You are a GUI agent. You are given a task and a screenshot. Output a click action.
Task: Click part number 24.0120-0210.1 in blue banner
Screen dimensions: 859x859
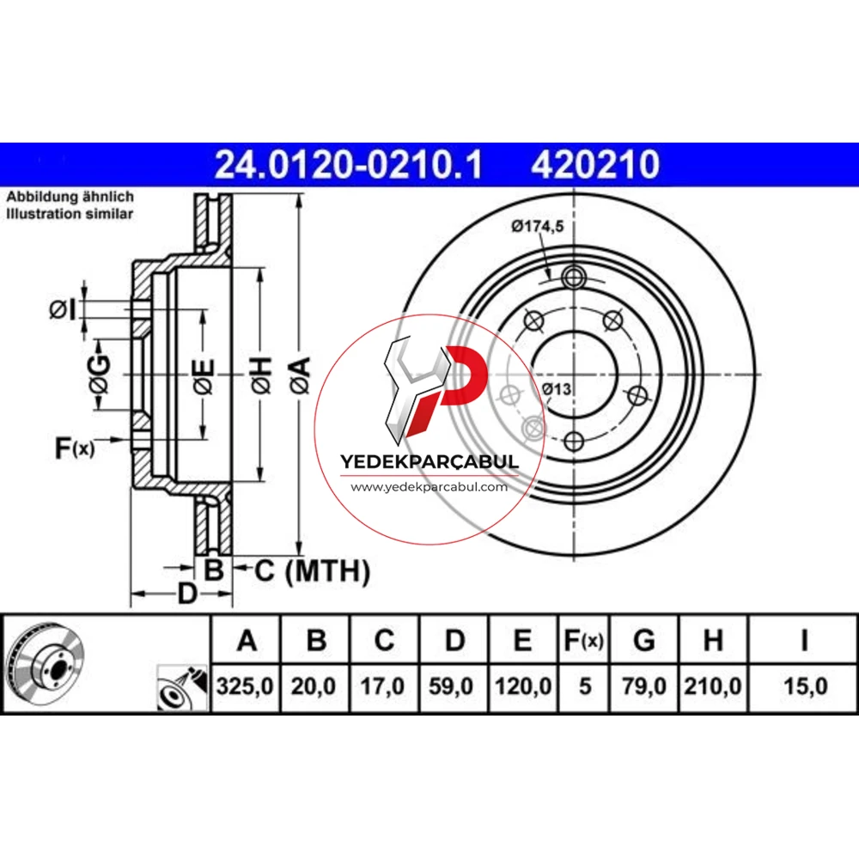click(349, 164)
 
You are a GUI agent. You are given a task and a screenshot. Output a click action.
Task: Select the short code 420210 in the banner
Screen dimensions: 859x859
click(595, 164)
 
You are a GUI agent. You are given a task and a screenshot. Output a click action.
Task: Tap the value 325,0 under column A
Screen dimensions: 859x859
click(245, 686)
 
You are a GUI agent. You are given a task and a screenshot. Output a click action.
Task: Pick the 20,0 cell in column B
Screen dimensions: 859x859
click(314, 686)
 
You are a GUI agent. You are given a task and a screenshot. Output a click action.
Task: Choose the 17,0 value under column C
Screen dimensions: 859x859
click(382, 686)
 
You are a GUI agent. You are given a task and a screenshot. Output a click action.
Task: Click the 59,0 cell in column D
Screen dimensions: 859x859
click(451, 686)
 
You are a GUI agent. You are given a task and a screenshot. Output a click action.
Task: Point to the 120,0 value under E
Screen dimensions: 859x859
click(523, 686)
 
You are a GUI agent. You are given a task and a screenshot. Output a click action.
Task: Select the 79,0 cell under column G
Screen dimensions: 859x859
click(644, 686)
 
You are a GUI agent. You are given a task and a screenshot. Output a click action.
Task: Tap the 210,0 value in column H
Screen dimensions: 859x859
click(713, 686)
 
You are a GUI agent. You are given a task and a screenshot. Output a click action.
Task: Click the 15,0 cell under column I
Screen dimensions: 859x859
click(806, 686)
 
